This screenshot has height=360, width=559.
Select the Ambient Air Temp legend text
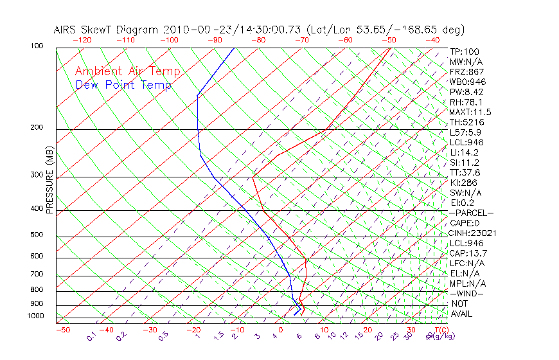(x=127, y=71)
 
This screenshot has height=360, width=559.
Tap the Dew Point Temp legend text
(x=123, y=85)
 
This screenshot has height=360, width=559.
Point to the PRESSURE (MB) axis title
(x=49, y=180)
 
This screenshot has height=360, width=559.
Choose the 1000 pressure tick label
(x=36, y=316)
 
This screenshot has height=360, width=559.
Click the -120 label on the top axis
(x=82, y=40)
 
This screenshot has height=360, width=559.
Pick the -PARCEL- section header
(x=471, y=213)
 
